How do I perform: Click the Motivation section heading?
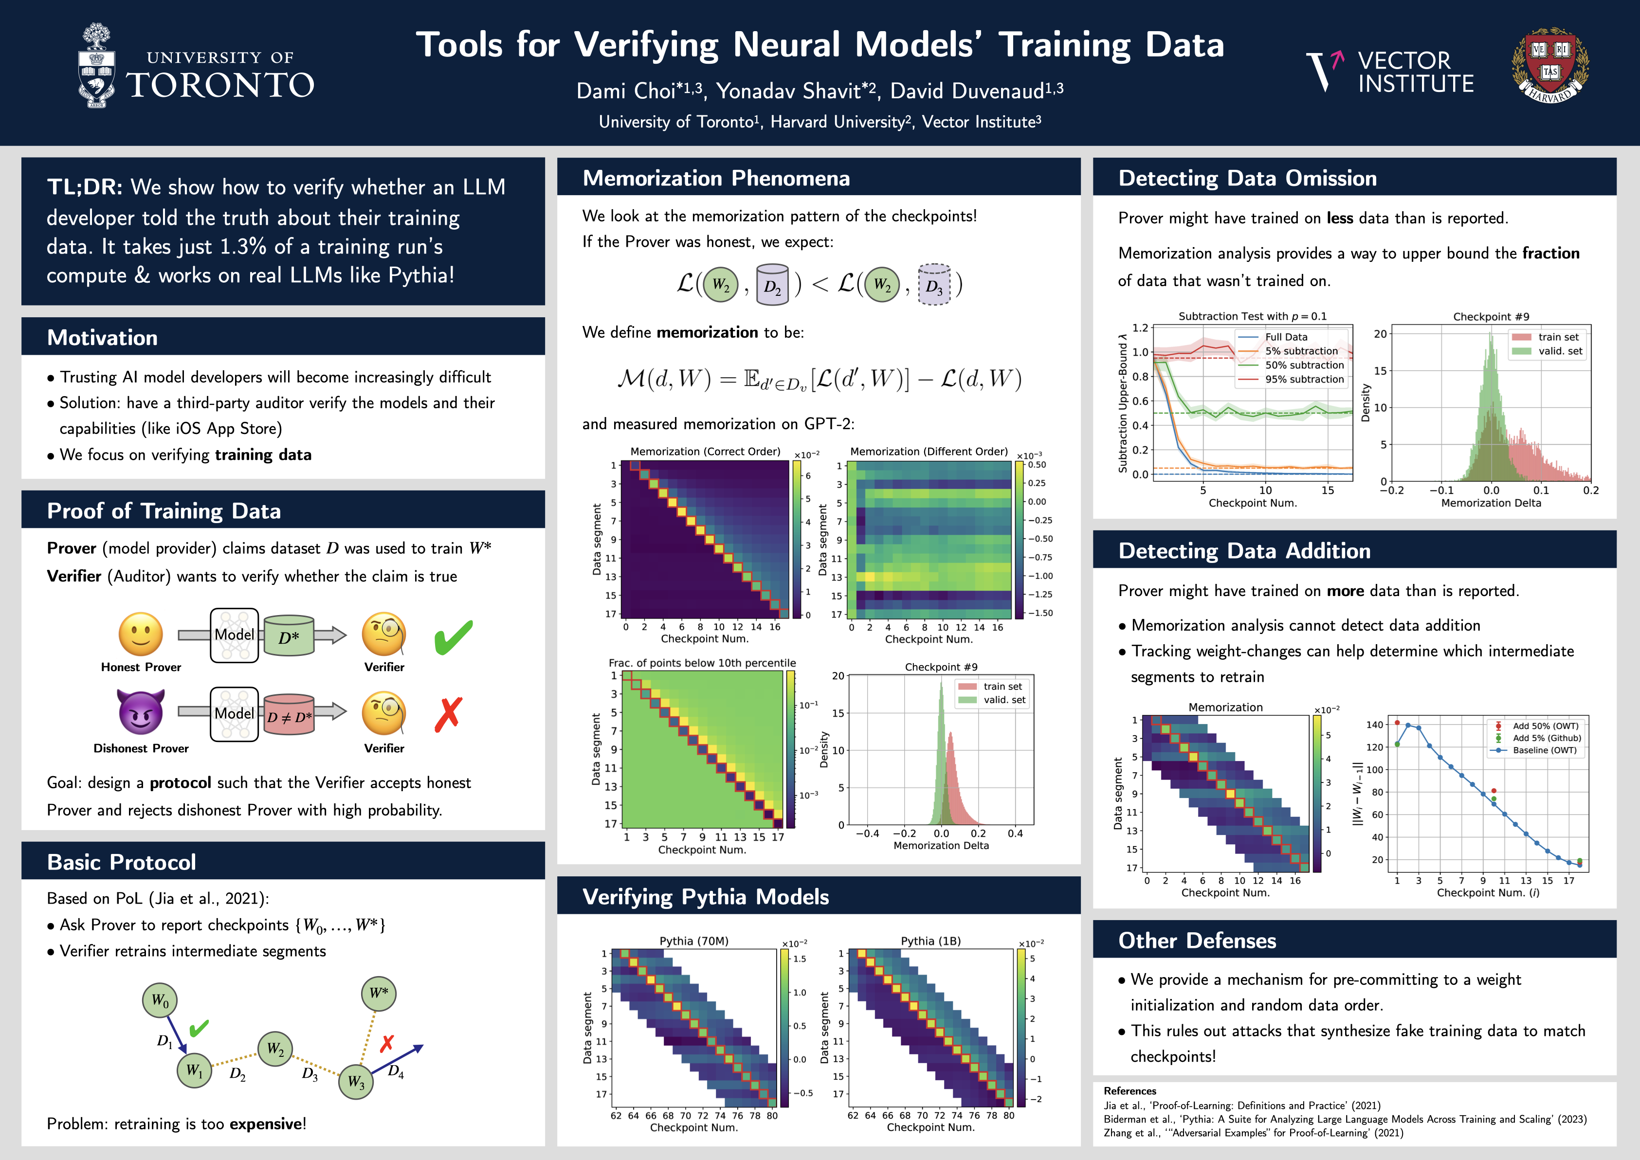[102, 338]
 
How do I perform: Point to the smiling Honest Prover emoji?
[141, 634]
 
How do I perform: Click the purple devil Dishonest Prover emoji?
[141, 712]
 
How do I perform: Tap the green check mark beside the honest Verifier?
[453, 637]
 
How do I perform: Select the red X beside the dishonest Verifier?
[448, 714]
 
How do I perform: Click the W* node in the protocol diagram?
[379, 993]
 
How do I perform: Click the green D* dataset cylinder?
[289, 636]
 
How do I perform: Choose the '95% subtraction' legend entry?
[1304, 379]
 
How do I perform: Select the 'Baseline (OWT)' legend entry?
[1544, 750]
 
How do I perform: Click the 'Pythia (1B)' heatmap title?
[931, 941]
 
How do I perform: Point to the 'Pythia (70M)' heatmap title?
[693, 941]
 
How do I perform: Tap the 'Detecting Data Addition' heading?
[1244, 551]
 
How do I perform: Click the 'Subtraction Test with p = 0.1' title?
[1252, 316]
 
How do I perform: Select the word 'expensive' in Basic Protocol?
[265, 1124]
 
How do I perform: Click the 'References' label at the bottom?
[1130, 1091]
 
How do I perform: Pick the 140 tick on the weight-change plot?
[1375, 725]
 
